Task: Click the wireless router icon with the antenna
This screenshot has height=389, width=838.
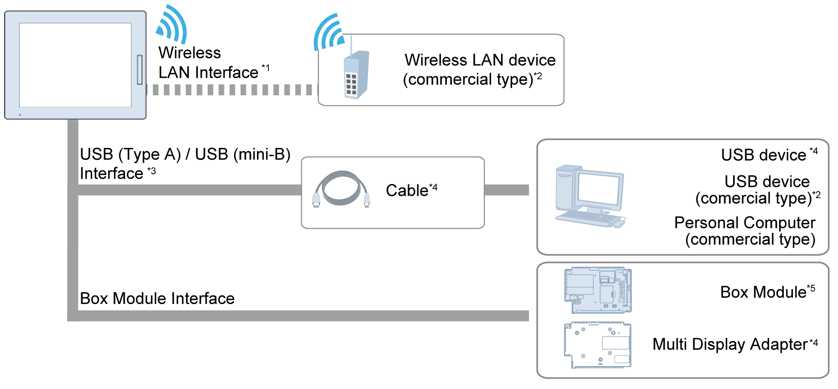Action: pyautogui.click(x=356, y=74)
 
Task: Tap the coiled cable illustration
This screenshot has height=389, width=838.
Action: pyautogui.click(x=341, y=189)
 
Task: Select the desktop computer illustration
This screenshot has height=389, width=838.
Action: pyautogui.click(x=590, y=196)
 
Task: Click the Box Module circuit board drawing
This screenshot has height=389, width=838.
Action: pyautogui.click(x=598, y=290)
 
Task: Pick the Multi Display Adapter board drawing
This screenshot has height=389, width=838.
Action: pyautogui.click(x=598, y=345)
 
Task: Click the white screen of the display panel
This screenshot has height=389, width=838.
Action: pyautogui.click(x=75, y=65)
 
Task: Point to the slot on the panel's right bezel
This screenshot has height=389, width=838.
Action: pyautogui.click(x=140, y=69)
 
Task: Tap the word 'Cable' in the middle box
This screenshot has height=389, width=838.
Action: pyautogui.click(x=407, y=190)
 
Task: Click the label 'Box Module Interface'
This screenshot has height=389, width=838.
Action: pyautogui.click(x=157, y=298)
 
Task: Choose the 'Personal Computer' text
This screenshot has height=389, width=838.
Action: pyautogui.click(x=744, y=222)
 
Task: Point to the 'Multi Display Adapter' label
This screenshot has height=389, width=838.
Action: pyautogui.click(x=730, y=344)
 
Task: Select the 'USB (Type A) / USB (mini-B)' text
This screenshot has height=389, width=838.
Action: pyautogui.click(x=185, y=154)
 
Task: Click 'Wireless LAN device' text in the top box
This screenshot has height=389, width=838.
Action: pyautogui.click(x=480, y=60)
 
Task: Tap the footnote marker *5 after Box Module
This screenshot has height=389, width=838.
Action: pyautogui.click(x=811, y=289)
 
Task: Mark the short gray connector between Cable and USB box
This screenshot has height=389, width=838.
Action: pyautogui.click(x=506, y=190)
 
